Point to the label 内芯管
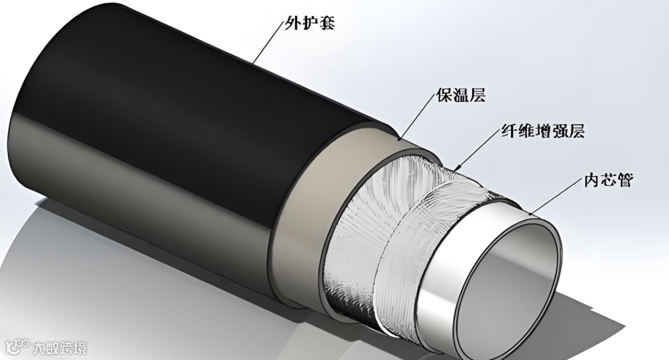(608, 182)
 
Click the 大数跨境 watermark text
(59, 347)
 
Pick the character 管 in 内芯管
(624, 182)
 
